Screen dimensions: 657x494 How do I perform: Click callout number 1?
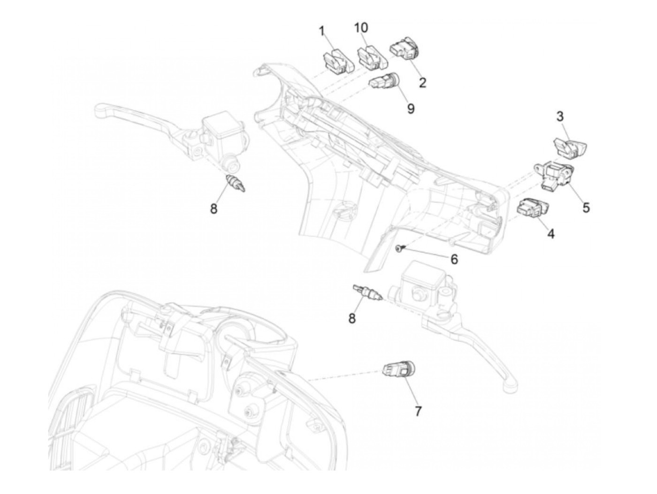(x=322, y=32)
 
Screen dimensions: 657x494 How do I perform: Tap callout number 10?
(x=361, y=28)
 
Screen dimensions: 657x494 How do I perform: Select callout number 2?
(x=422, y=83)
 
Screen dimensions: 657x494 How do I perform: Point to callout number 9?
(x=411, y=108)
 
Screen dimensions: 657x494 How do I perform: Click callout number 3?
(x=560, y=116)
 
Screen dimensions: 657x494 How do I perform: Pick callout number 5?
(x=586, y=207)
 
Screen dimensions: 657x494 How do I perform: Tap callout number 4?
(x=550, y=233)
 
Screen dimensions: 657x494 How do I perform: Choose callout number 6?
(x=454, y=259)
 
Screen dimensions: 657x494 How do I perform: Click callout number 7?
(x=418, y=411)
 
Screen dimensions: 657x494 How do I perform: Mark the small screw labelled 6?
(x=399, y=247)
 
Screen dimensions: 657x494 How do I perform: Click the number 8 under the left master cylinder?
(x=214, y=208)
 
